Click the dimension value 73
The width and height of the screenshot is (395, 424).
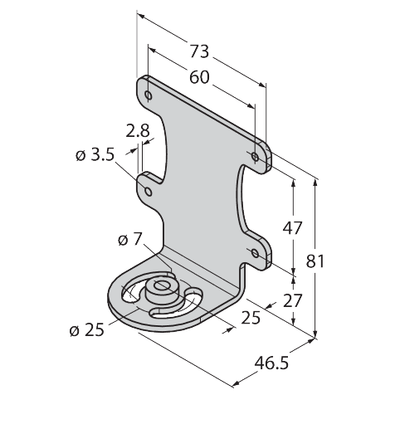tap(199, 51)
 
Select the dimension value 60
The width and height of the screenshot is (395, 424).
tap(199, 77)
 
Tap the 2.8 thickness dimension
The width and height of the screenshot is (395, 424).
tap(138, 131)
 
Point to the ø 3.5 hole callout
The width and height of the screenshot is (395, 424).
tap(95, 155)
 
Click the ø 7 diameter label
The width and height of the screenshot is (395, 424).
tap(130, 239)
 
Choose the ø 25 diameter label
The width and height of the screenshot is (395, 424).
tap(87, 330)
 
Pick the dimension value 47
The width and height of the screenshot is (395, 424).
tap(292, 228)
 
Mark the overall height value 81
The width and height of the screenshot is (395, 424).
tap(315, 261)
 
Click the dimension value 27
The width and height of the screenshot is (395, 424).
tap(292, 301)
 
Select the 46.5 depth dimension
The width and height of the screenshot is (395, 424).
tap(271, 363)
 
